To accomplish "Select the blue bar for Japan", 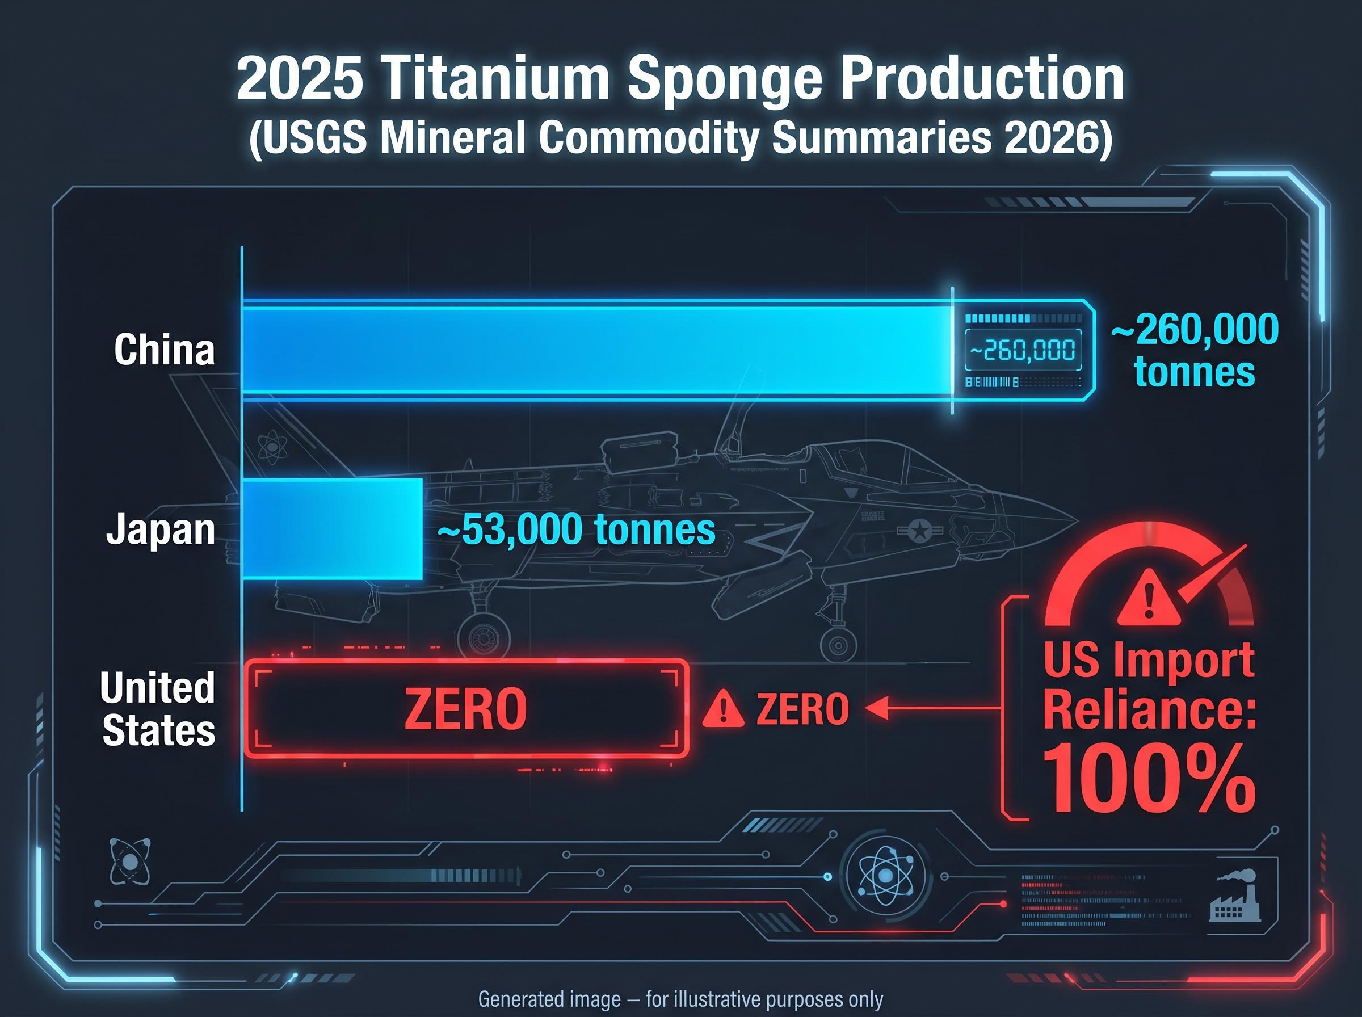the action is coord(333,529).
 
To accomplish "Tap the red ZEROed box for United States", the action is coord(466,708).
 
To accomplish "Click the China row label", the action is coord(165,350).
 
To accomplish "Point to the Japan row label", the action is coord(161,529).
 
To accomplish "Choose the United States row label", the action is coord(158,709).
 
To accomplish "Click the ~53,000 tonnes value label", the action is coord(577,529).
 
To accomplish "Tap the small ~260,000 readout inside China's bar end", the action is coord(1023,350).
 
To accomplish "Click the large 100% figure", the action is coord(1149,779).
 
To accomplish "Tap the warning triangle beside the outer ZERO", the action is coord(723,709).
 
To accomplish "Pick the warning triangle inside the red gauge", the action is coord(1149,597).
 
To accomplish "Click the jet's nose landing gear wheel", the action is coord(838,646).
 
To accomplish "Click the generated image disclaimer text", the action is coord(680,999).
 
